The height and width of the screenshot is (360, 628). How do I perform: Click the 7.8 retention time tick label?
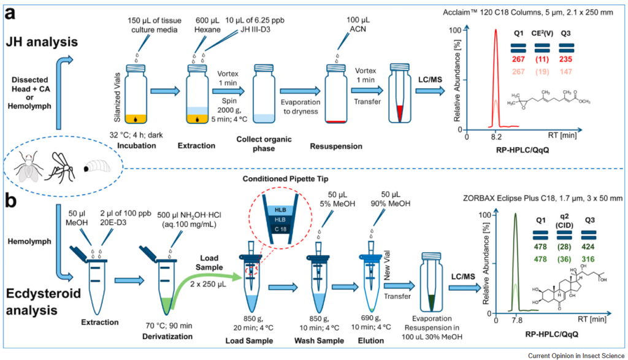click(515, 320)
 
